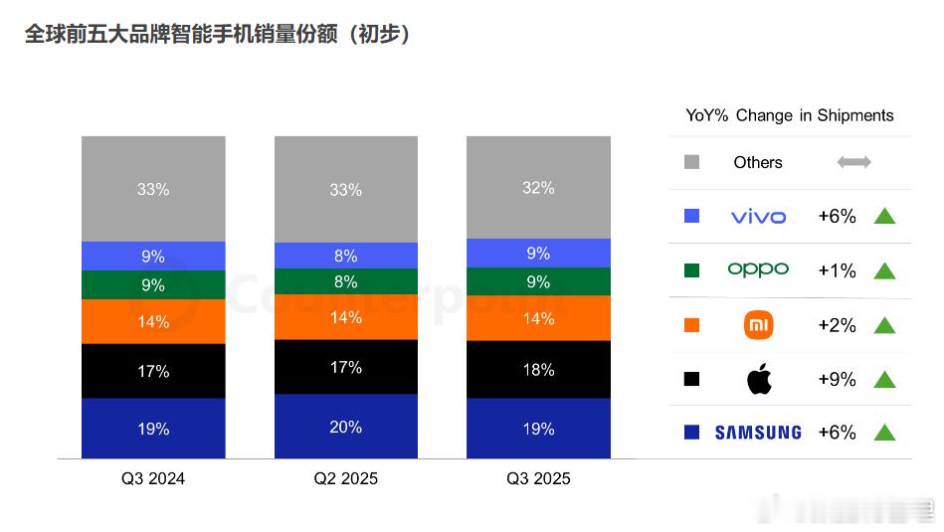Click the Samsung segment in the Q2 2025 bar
[345, 427]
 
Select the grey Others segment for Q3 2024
[153, 189]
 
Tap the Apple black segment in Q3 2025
[538, 370]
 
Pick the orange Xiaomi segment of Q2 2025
[345, 318]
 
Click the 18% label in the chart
[538, 370]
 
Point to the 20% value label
[345, 427]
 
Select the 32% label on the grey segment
[538, 188]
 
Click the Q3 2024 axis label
[153, 478]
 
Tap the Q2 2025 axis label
[345, 478]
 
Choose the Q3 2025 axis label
[538, 478]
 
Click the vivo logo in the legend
[758, 217]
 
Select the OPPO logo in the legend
[758, 269]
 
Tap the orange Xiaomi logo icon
[759, 324]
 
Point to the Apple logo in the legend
[759, 378]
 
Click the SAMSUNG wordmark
[758, 433]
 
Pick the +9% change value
[837, 379]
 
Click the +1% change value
[837, 270]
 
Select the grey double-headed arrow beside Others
[853, 162]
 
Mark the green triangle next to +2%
[884, 325]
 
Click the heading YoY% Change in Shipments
[790, 115]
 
